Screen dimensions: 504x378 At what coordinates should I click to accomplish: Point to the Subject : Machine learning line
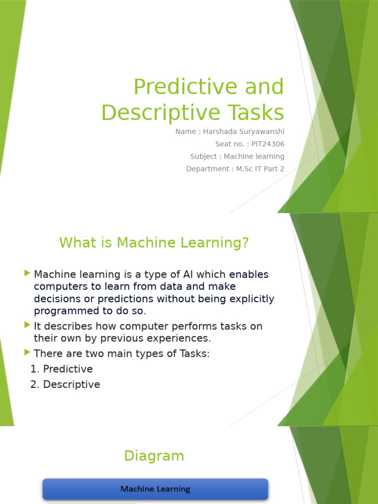[237, 157]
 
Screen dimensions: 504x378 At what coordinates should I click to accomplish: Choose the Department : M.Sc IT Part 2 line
[235, 169]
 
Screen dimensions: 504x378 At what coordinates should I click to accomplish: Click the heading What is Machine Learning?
[154, 243]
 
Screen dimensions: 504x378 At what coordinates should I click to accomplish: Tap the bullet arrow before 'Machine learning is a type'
[27, 273]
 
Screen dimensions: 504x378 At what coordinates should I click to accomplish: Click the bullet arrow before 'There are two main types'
[27, 352]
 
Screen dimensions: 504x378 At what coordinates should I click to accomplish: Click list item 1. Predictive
[62, 369]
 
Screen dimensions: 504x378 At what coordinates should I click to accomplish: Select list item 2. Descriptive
[65, 384]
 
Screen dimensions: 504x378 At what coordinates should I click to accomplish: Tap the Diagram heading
[154, 456]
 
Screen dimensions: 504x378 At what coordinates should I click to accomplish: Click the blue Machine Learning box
[156, 489]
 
